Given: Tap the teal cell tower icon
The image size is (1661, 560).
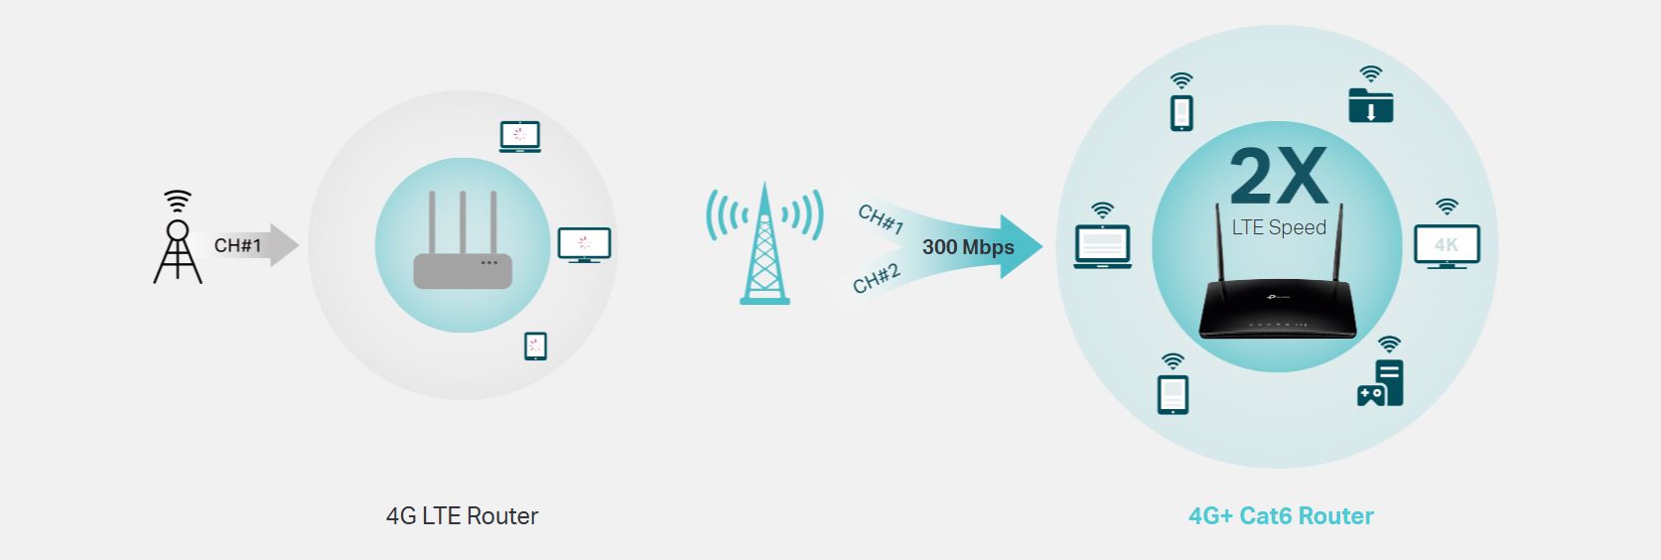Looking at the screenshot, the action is [x=764, y=244].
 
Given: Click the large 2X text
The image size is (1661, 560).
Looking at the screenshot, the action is [x=1279, y=176].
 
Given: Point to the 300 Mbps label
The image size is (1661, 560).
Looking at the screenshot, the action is [x=968, y=247].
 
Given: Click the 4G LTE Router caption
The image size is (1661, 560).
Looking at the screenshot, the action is [x=462, y=515].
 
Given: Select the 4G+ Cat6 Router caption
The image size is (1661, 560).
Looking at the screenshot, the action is [x=1281, y=515].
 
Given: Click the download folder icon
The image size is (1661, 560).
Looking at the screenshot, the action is [x=1370, y=95].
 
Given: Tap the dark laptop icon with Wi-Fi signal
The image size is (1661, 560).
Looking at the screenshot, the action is [x=1103, y=235].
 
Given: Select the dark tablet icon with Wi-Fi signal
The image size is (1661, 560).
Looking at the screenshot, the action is [x=1173, y=384].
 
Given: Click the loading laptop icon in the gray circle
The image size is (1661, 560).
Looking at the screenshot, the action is [x=520, y=136].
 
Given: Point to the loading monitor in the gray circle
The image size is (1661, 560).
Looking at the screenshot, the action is [x=585, y=245].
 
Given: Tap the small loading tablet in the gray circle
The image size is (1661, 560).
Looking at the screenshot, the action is [x=535, y=346].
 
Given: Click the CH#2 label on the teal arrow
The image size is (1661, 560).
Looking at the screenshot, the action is [x=877, y=279].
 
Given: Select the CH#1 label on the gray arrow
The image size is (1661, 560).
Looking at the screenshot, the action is [x=237, y=245].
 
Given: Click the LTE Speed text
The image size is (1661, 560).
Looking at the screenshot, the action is [x=1279, y=227].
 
